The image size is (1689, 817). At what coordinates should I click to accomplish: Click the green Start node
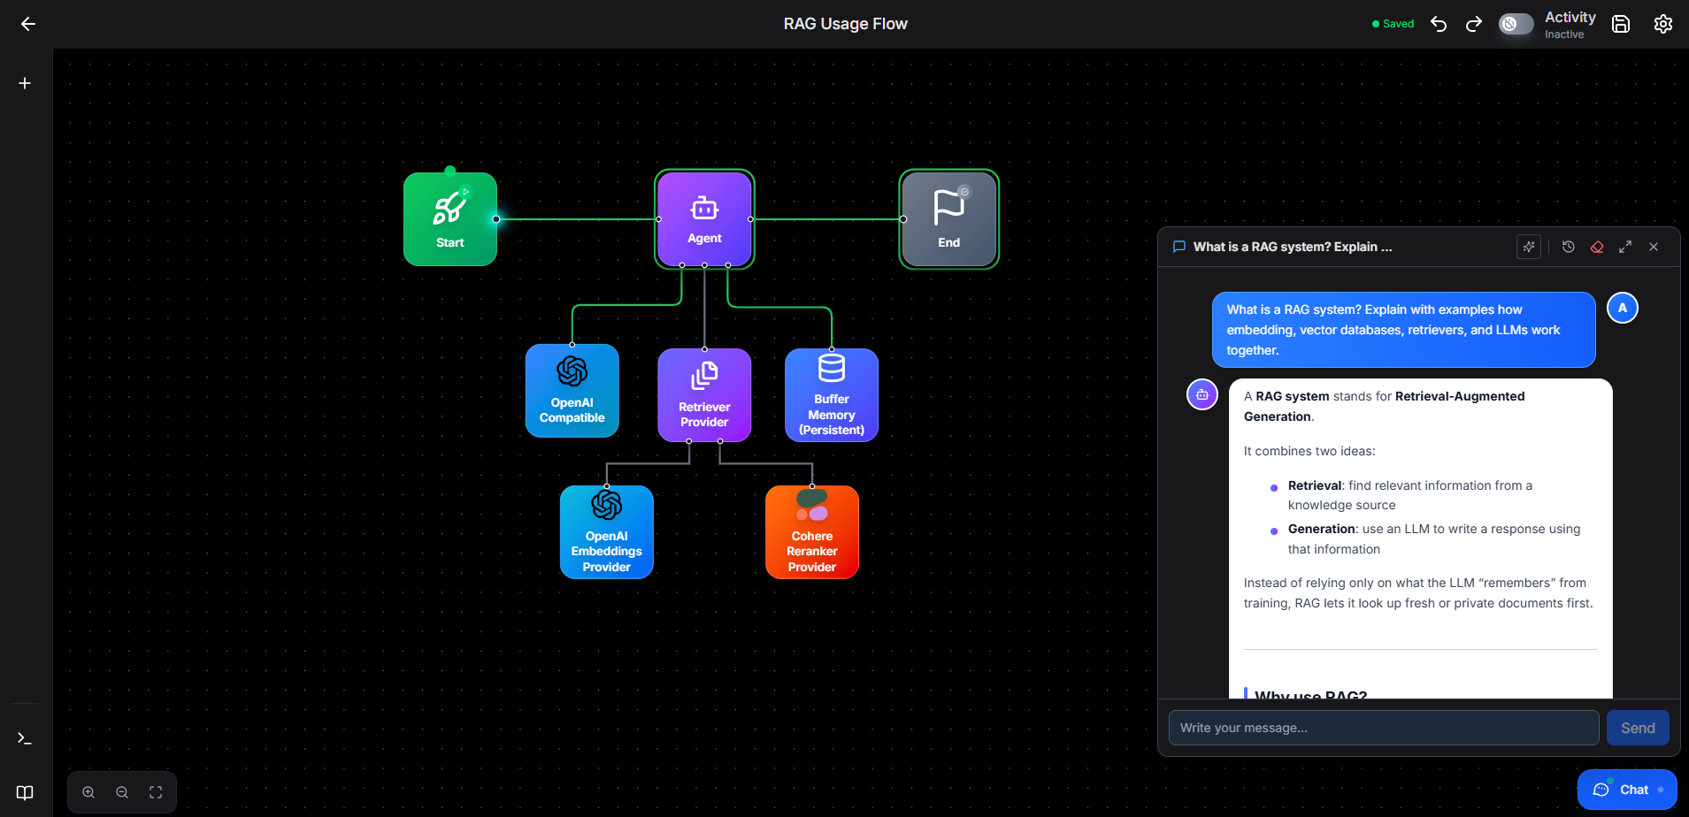click(450, 219)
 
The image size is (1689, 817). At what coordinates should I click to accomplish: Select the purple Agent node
click(704, 219)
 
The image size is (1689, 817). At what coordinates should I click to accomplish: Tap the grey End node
click(949, 219)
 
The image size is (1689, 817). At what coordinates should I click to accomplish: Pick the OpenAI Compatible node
click(572, 391)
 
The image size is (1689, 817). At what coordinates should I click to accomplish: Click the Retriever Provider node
click(704, 395)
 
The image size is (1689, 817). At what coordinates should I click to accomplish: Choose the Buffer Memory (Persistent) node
click(832, 395)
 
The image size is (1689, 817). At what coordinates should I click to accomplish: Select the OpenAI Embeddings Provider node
click(607, 532)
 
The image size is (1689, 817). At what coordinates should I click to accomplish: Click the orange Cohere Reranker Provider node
click(812, 532)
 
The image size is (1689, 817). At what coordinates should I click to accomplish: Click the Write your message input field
click(1384, 728)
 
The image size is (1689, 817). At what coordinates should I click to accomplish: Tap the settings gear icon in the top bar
click(1663, 24)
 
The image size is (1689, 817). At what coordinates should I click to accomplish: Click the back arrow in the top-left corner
click(28, 24)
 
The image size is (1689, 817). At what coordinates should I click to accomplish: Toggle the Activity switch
click(1516, 24)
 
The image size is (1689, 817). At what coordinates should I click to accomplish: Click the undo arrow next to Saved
click(1439, 24)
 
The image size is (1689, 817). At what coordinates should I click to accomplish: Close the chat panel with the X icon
click(1654, 247)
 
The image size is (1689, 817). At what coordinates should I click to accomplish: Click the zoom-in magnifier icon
click(88, 792)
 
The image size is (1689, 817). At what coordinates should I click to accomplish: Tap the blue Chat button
click(1627, 790)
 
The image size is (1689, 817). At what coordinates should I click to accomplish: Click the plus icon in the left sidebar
click(25, 83)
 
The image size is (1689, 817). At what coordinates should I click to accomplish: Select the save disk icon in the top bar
click(1621, 24)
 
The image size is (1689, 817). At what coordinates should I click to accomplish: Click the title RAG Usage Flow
click(845, 24)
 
